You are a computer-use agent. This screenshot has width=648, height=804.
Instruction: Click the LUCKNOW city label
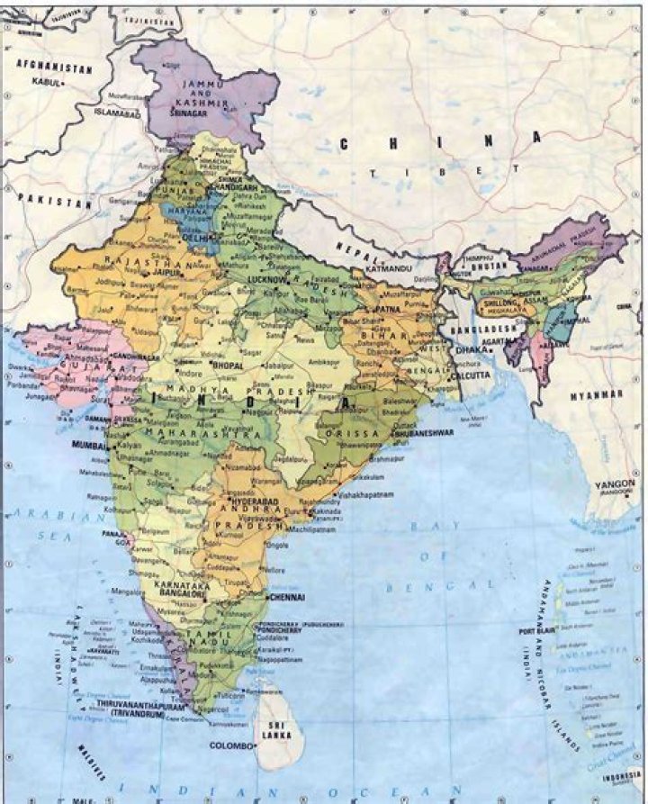coord(265,280)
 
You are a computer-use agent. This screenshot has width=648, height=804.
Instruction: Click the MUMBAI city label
coord(86,445)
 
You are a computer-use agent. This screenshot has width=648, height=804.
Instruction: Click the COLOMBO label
coord(229,746)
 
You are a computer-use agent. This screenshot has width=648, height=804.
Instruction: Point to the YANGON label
coord(615,484)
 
